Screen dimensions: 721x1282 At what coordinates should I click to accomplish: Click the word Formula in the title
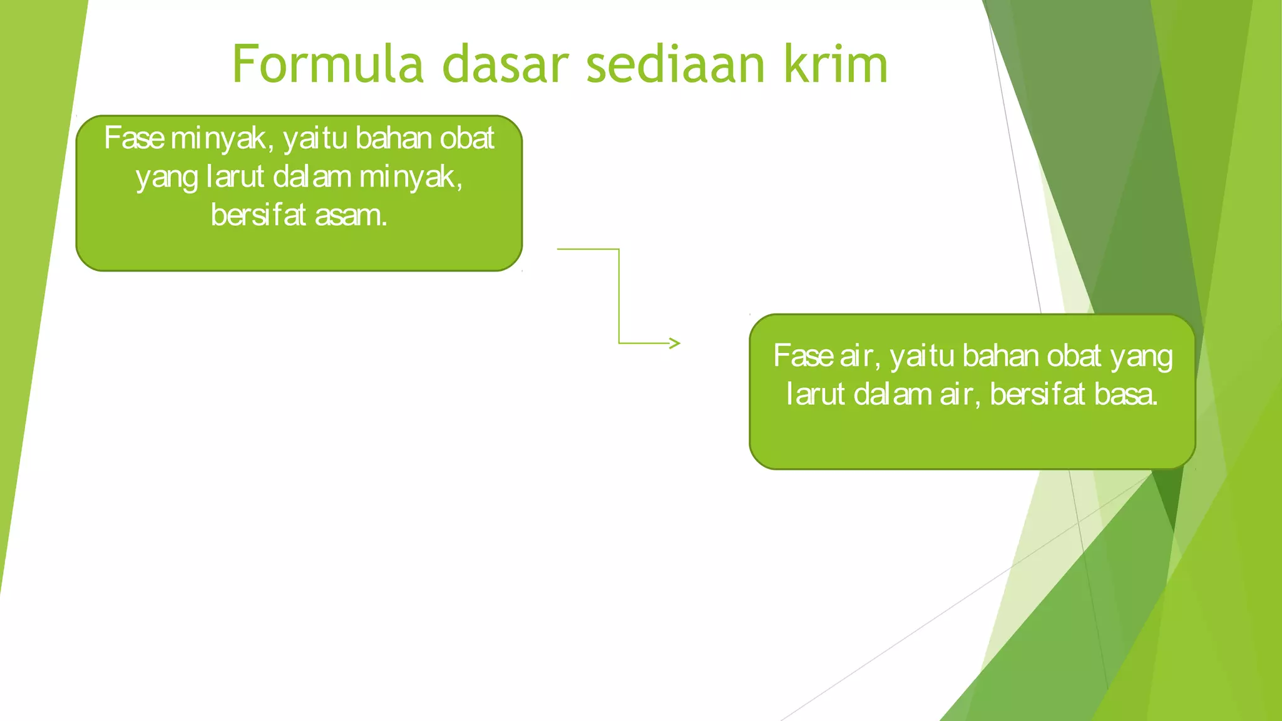click(x=327, y=64)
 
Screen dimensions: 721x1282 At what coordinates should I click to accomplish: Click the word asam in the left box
click(x=351, y=215)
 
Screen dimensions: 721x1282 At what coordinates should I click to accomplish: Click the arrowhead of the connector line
click(x=674, y=343)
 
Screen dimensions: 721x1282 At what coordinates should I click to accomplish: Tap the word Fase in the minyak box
click(x=134, y=138)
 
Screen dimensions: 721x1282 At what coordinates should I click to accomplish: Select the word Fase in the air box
click(x=803, y=356)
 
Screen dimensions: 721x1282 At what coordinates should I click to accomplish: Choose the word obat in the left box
click(x=467, y=138)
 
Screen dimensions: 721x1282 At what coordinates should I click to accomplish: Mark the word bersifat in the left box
click(x=258, y=215)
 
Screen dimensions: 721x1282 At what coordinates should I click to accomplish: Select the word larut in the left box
click(x=235, y=177)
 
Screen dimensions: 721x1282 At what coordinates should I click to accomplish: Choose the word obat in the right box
click(x=1074, y=356)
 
